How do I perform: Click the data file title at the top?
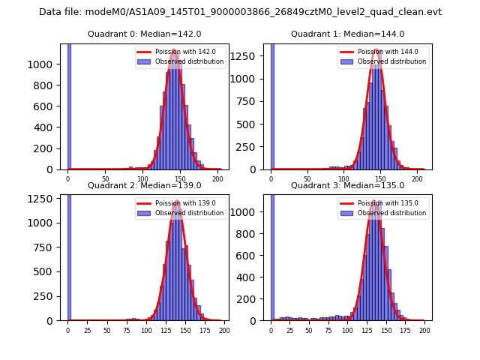click(240, 12)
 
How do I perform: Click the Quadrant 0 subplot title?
click(144, 34)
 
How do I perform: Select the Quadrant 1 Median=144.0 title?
click(347, 34)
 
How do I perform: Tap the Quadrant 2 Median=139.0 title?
click(144, 185)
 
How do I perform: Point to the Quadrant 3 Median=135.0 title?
click(347, 185)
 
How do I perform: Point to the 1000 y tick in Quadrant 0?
click(45, 64)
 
